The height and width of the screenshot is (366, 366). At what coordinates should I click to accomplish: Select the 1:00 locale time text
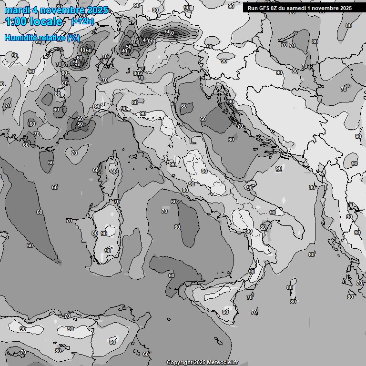(x=33, y=21)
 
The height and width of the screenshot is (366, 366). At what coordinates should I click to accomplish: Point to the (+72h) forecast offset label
(x=82, y=21)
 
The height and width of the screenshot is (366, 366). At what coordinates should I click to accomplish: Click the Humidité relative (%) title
(x=42, y=38)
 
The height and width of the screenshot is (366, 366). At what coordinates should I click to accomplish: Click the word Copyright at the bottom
(x=179, y=362)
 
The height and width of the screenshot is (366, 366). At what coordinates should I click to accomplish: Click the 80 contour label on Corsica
(x=113, y=171)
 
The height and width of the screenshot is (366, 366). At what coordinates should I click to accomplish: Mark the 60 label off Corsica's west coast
(x=96, y=170)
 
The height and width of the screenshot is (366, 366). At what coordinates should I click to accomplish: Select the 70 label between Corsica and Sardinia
(x=116, y=202)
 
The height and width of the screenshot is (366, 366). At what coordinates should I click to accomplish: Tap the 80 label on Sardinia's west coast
(x=95, y=233)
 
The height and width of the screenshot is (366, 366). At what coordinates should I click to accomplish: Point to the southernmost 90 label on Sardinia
(x=108, y=251)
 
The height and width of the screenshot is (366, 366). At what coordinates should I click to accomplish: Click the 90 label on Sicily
(x=225, y=312)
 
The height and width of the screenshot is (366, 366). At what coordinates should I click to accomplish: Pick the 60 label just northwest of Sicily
(x=171, y=275)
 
